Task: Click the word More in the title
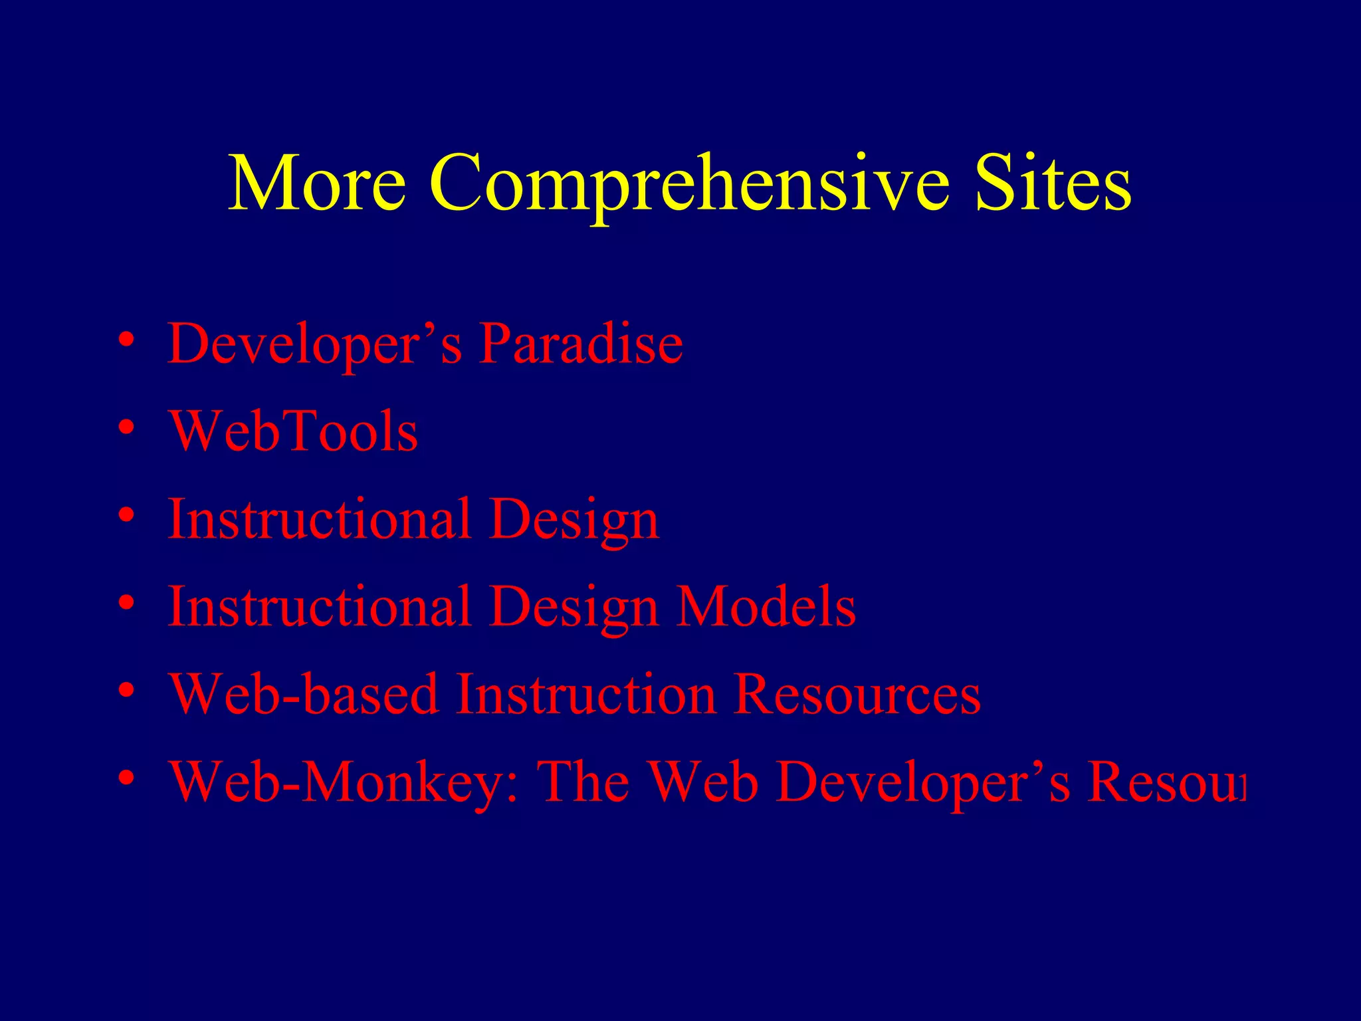pos(317,183)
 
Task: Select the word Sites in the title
pos(1053,183)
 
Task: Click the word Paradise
pos(581,344)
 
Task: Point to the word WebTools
pos(293,431)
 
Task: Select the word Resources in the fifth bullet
pos(857,695)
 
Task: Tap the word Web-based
pos(303,695)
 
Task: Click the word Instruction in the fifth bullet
pos(585,695)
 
